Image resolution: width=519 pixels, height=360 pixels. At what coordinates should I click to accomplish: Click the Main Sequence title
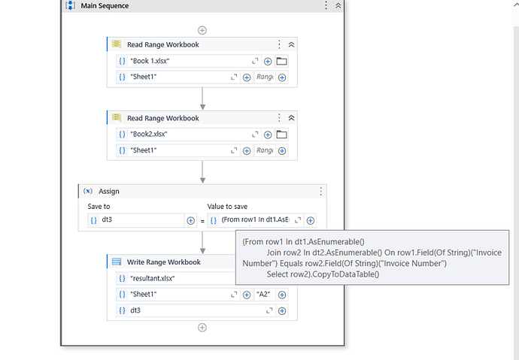[105, 6]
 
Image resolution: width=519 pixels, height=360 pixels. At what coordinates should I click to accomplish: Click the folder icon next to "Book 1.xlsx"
[282, 61]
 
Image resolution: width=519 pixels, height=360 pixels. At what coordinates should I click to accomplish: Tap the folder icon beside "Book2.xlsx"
[282, 135]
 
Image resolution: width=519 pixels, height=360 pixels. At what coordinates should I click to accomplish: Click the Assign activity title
[109, 192]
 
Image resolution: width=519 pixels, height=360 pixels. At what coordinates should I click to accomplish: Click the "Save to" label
[99, 206]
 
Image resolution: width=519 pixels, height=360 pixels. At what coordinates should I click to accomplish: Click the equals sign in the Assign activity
[202, 220]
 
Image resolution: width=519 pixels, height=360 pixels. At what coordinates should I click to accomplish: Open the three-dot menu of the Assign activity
[321, 192]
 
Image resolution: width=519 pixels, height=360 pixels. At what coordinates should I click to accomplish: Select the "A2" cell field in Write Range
[265, 294]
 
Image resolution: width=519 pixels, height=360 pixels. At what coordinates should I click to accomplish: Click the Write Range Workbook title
[164, 262]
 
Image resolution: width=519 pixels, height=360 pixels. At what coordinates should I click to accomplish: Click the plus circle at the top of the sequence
[202, 30]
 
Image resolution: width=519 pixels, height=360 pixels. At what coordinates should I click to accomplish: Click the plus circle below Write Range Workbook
[202, 327]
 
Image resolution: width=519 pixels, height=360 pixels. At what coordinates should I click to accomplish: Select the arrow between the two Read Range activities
[202, 98]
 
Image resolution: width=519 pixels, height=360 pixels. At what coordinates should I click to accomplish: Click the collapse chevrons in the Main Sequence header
[338, 6]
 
